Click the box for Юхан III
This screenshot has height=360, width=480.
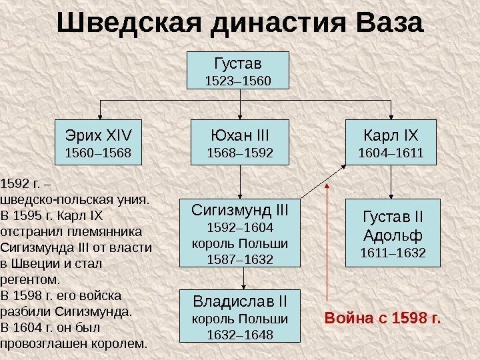click(241, 142)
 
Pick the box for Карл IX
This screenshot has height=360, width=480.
click(390, 142)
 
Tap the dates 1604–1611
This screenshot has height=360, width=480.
click(390, 154)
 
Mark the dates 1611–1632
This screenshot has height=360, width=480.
click(393, 253)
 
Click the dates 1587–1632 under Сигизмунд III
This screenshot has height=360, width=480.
click(240, 259)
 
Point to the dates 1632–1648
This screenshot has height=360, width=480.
click(240, 333)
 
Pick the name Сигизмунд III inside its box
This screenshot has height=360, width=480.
click(240, 211)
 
